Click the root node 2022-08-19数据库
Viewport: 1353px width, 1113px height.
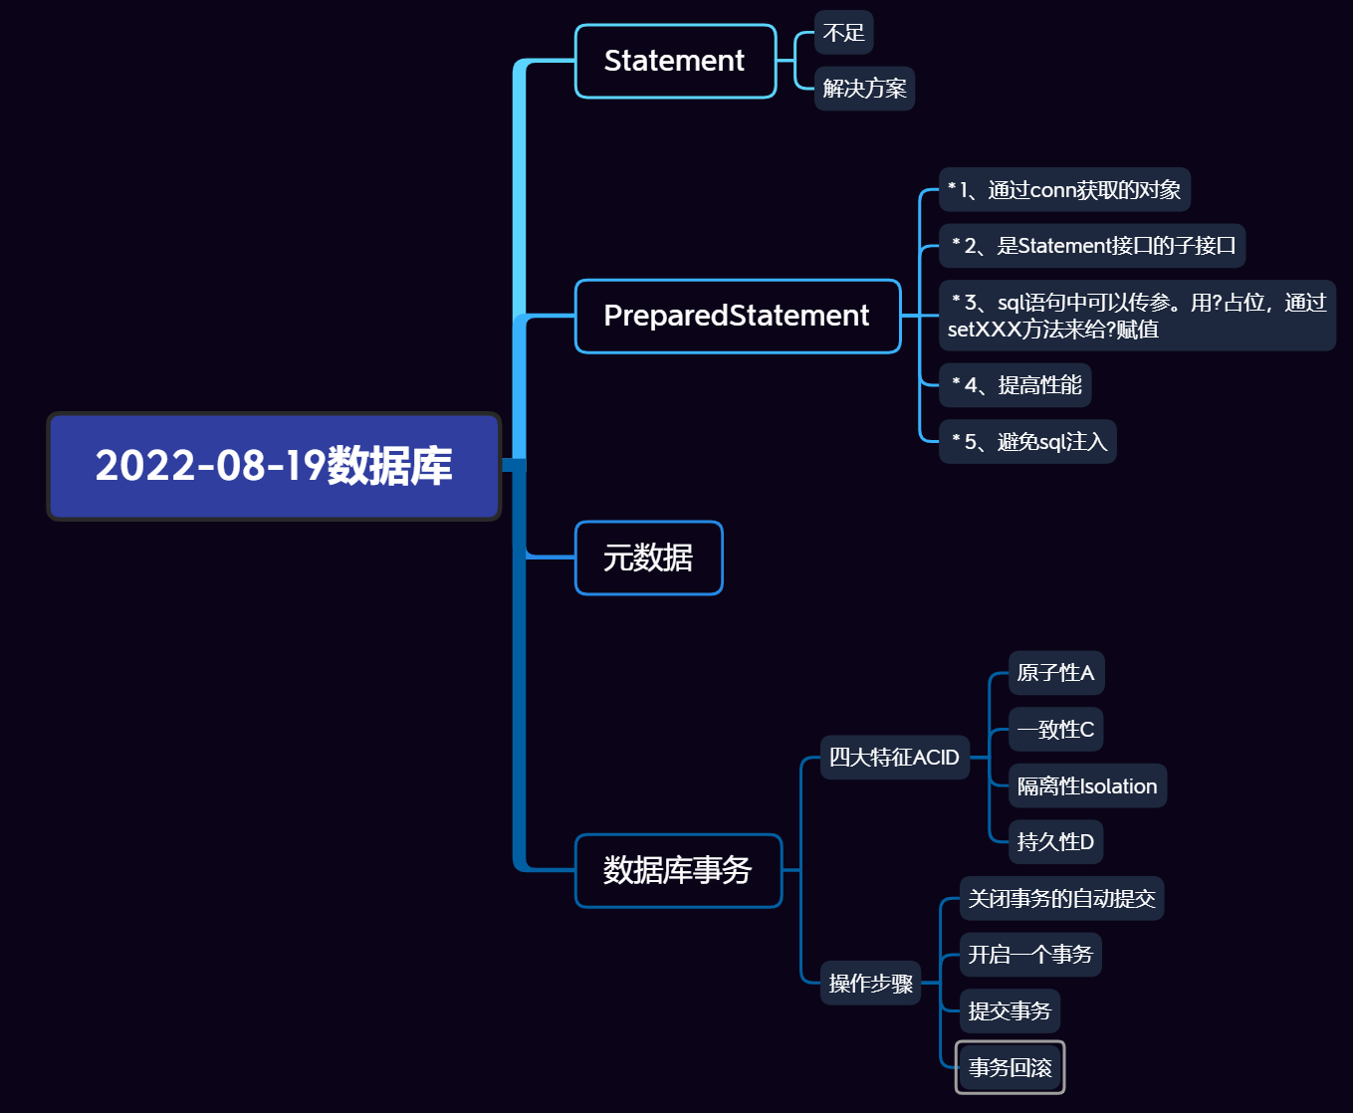pyautogui.click(x=274, y=466)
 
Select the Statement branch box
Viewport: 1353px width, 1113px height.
pyautogui.click(x=675, y=61)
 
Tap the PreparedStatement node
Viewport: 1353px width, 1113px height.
pyautogui.click(x=737, y=316)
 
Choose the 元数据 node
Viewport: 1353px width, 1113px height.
pyautogui.click(x=648, y=557)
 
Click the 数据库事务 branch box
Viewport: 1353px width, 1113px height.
pyautogui.click(x=678, y=870)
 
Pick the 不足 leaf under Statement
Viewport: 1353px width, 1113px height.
pyautogui.click(x=843, y=33)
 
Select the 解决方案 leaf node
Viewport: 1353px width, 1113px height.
pyautogui.click(x=864, y=89)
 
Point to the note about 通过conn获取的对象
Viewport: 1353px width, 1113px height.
pyautogui.click(x=1064, y=189)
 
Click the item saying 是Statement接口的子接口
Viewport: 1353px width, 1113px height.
pyautogui.click(x=1092, y=246)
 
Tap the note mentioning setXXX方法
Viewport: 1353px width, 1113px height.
pyautogui.click(x=1136, y=316)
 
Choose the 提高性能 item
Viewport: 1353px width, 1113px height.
pyautogui.click(x=1015, y=385)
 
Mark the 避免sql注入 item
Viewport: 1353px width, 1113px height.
pyautogui.click(x=1027, y=442)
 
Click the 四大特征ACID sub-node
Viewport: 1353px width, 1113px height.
pyautogui.click(x=894, y=758)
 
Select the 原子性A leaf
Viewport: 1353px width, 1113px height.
pyautogui.click(x=1055, y=673)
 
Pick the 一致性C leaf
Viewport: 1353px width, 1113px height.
pyautogui.click(x=1055, y=730)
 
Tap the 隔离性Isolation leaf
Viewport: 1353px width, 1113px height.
pyautogui.click(x=1087, y=786)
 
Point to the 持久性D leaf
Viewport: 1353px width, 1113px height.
pyautogui.click(x=1055, y=842)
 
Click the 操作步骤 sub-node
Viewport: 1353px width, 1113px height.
pyautogui.click(x=870, y=984)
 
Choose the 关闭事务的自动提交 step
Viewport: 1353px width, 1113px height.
pyautogui.click(x=1061, y=899)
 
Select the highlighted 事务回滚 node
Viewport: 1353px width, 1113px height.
pyautogui.click(x=1010, y=1067)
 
